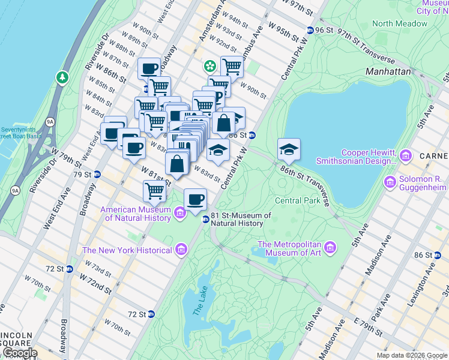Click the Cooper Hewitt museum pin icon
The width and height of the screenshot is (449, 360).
coord(406,157)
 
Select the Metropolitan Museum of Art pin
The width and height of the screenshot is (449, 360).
coord(330,247)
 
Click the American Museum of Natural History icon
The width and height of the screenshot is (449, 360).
coord(179,213)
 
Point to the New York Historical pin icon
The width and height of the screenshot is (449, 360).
coord(179,250)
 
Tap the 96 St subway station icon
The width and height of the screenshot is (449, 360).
coord(309,30)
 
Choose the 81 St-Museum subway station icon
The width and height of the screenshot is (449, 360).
coord(205,220)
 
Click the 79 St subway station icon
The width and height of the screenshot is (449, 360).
coord(96,175)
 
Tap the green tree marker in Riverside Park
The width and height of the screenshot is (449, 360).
coord(62,77)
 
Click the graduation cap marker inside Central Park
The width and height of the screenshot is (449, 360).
coord(289,150)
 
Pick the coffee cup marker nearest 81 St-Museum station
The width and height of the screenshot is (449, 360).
coord(194,200)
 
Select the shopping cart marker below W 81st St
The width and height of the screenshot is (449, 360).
coord(154,191)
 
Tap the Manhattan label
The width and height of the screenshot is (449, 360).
coord(388,71)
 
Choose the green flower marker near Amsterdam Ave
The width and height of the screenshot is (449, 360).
coord(210,65)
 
